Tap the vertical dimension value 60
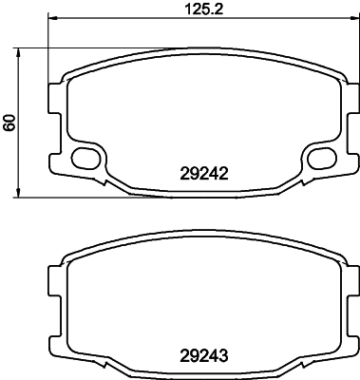click(x=10, y=123)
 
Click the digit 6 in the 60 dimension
click(x=10, y=127)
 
